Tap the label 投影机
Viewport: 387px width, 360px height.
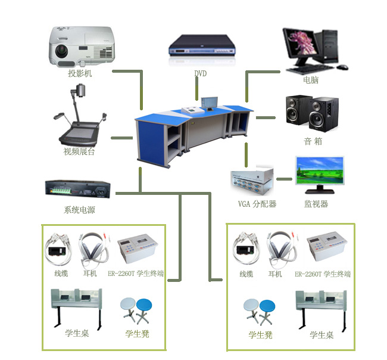(x=80, y=74)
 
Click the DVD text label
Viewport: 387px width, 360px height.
(x=201, y=74)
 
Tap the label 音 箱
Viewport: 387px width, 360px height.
(x=313, y=142)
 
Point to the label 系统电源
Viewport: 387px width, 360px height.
(x=79, y=210)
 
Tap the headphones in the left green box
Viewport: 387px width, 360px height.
(x=94, y=248)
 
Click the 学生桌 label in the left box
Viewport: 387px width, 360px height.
(x=77, y=333)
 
